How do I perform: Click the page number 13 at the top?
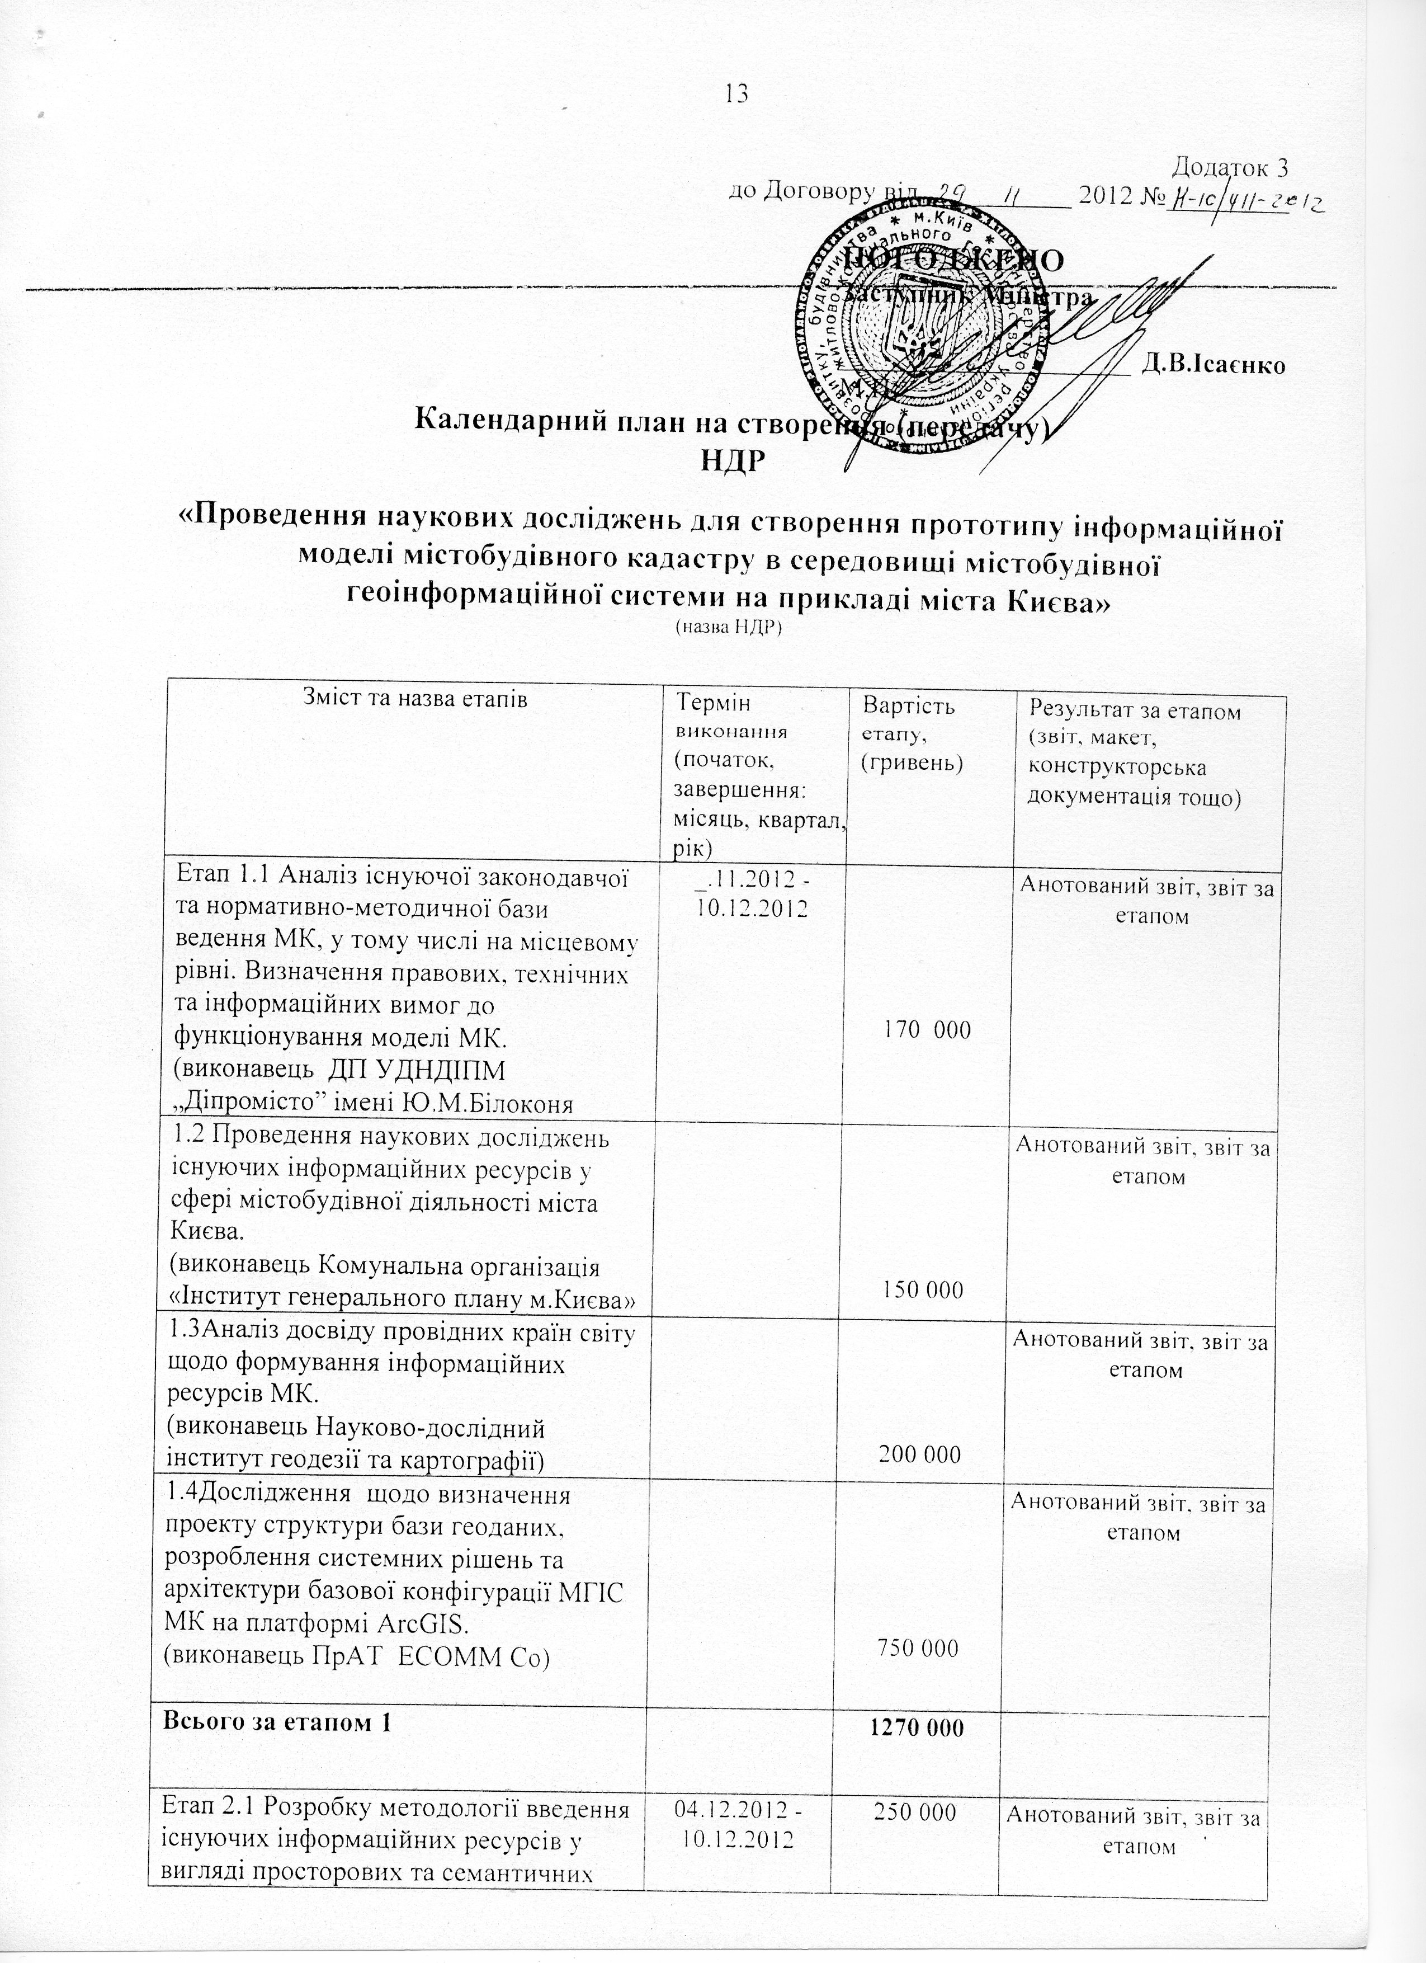point(737,93)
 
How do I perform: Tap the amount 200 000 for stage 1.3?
point(920,1454)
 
